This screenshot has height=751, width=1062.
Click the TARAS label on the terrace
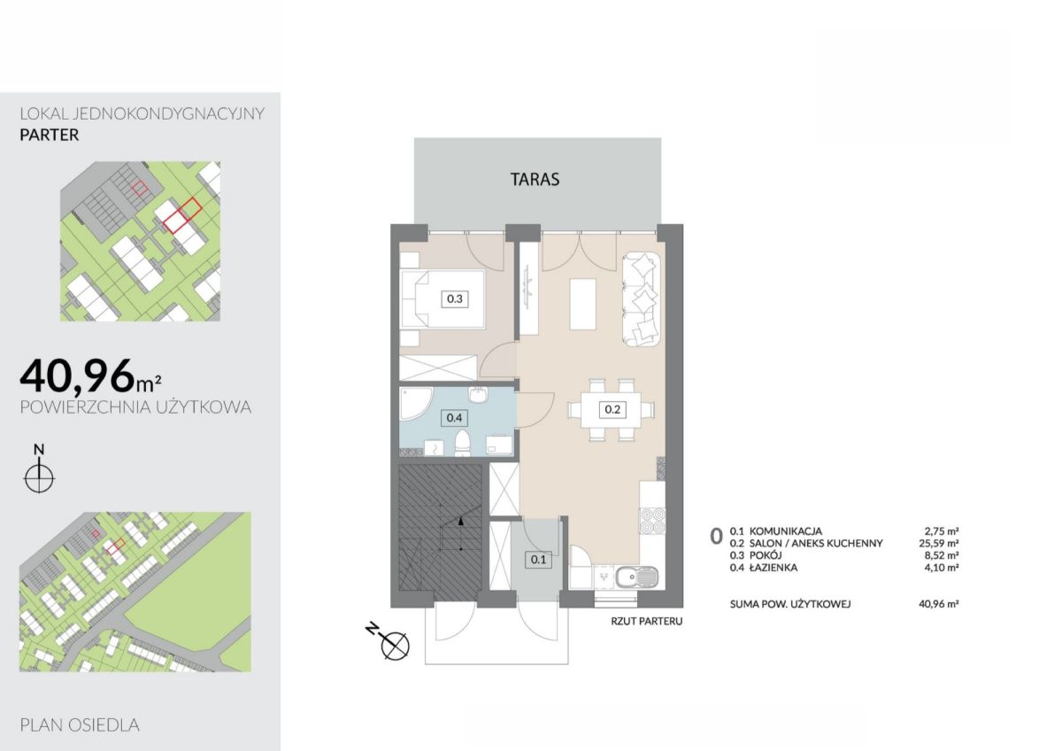pos(535,179)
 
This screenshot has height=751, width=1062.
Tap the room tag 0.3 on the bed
pos(455,298)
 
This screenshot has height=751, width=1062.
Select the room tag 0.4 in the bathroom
pos(454,417)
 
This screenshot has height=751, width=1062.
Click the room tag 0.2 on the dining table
pos(612,409)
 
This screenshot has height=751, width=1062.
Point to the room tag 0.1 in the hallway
pos(539,560)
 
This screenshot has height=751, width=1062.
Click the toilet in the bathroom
pos(462,444)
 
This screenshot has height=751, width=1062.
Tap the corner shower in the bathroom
pos(416,404)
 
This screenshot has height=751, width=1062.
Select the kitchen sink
pos(636,577)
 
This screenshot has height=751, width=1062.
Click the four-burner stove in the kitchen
pos(652,521)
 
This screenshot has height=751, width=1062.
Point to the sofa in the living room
pos(641,298)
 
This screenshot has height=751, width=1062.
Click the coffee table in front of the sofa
pos(582,304)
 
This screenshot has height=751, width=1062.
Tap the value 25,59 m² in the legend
pos(939,543)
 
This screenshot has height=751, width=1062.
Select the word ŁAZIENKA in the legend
pos(773,568)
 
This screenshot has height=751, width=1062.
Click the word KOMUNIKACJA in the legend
pos(786,531)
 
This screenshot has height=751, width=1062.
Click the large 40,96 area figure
pos(77,376)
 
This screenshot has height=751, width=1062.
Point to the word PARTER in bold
pos(50,135)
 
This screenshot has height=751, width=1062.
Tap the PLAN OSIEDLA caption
pos(80,725)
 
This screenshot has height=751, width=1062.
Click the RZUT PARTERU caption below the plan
pos(647,621)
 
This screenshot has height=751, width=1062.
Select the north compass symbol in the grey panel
pos(39,468)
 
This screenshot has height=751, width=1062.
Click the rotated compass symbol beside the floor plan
pos(389,641)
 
